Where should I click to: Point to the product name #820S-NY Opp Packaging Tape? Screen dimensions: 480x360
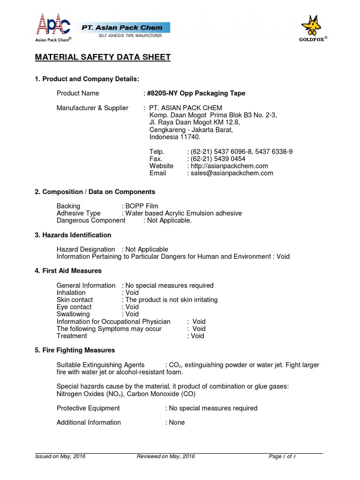tap(196, 93)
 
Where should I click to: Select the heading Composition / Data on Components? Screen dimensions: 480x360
tap(98, 192)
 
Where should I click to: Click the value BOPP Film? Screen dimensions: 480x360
tap(142, 206)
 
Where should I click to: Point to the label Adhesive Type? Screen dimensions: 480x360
tap(78, 213)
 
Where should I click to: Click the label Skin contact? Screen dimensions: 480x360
tap(75, 300)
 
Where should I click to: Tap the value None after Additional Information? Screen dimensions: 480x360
tap(177, 422)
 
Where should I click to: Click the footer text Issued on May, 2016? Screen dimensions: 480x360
tap(60, 457)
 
